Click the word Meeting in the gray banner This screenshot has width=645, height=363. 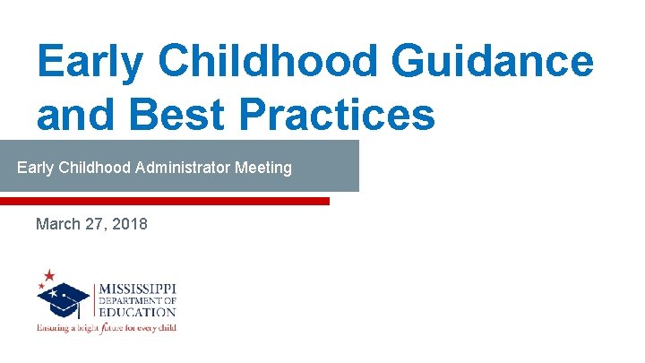262,168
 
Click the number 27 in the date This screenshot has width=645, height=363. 96,224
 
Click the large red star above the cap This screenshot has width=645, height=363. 48,275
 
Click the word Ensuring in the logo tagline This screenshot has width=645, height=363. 52,327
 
